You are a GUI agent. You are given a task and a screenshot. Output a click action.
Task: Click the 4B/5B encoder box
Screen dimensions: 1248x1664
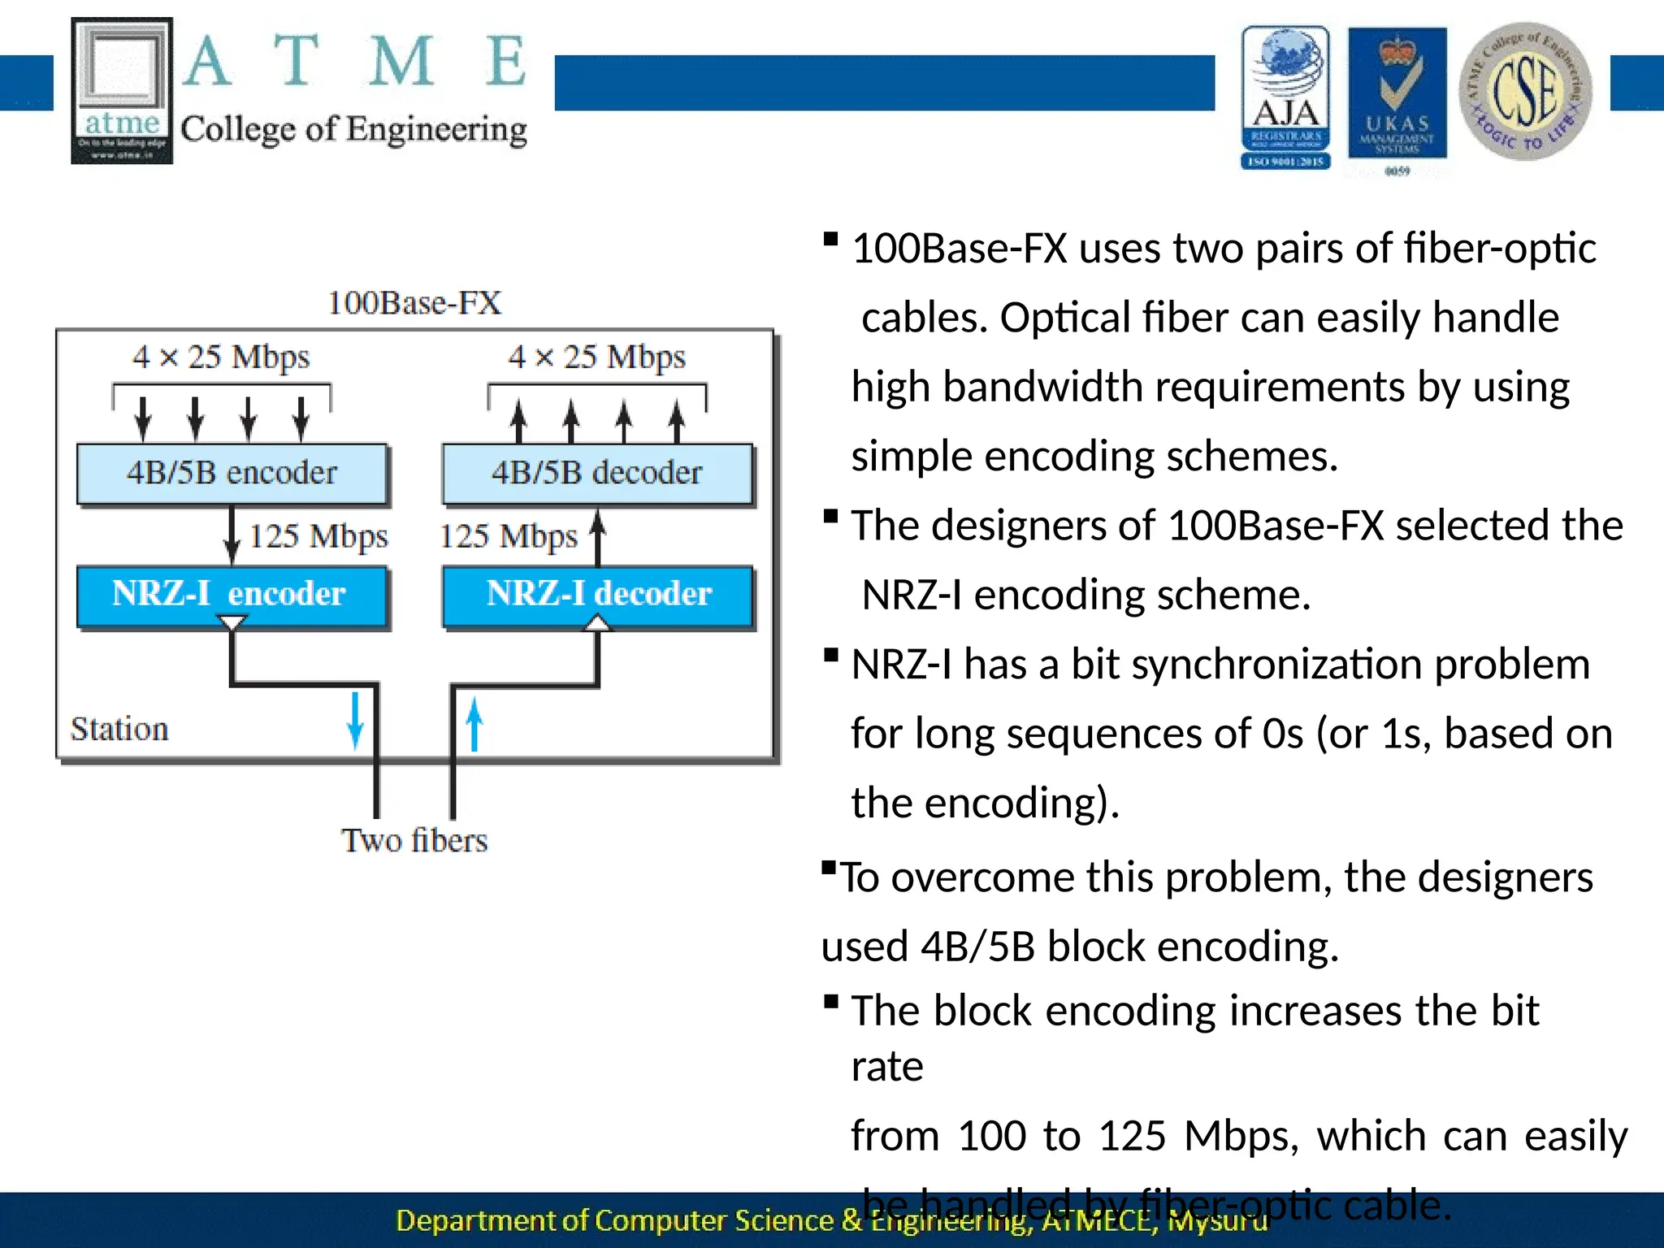tap(232, 474)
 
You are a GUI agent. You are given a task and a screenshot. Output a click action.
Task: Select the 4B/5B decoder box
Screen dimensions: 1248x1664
tap(597, 474)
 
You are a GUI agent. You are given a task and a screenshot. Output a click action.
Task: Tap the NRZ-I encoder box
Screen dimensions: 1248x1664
tap(232, 595)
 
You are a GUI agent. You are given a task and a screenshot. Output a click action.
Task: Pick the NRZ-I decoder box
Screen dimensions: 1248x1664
tap(598, 595)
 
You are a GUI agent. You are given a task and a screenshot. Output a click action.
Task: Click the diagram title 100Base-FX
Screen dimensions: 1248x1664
tap(414, 303)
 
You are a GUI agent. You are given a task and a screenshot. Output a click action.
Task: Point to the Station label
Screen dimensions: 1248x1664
tap(119, 729)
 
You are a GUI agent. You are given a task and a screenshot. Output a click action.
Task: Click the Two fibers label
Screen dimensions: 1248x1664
tap(414, 840)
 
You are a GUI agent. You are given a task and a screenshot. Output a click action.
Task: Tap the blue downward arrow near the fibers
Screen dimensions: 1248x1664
tap(355, 720)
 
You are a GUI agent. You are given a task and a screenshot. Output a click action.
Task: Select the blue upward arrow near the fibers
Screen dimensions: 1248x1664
tap(474, 725)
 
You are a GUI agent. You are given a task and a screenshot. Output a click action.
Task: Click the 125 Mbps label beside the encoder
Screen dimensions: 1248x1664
tap(318, 536)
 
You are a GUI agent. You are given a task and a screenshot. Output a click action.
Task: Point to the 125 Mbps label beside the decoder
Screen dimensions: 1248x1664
tap(508, 536)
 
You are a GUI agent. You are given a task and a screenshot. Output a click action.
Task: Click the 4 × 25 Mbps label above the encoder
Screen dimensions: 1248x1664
tap(221, 357)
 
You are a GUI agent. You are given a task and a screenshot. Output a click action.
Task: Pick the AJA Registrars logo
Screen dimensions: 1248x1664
tap(1285, 97)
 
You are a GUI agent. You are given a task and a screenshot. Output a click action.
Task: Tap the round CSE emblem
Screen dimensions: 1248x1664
tap(1525, 91)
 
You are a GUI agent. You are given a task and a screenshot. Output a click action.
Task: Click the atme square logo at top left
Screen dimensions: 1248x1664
tap(122, 90)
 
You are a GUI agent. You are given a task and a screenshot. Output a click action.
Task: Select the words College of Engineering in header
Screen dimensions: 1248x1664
tap(353, 130)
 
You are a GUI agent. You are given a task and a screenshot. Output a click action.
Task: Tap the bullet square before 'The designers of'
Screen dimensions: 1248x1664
tap(830, 517)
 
